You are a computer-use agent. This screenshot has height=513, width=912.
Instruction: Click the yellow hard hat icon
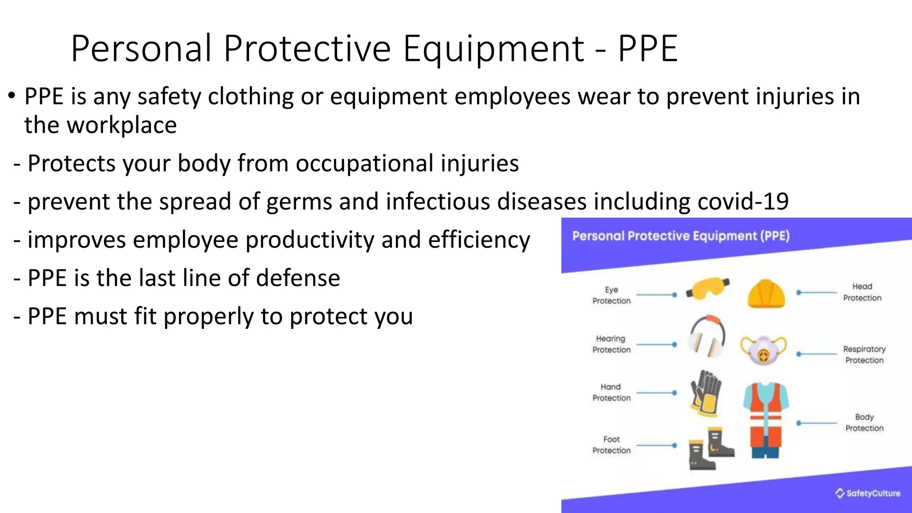pos(766,294)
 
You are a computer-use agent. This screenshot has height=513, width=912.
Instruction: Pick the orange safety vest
pos(766,419)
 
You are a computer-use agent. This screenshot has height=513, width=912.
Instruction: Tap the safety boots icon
pos(711,449)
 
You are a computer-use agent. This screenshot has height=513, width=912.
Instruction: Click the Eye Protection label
pos(611,295)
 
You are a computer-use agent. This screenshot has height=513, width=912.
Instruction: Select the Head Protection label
pos(862,292)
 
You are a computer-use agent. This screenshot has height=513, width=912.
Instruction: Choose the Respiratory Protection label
pos(864,354)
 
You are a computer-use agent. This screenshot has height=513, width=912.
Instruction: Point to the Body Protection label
pos(864,423)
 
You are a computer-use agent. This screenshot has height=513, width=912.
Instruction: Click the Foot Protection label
pos(611,445)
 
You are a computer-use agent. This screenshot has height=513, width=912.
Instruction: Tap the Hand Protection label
pos(611,392)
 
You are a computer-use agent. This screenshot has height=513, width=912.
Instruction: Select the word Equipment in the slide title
pos(493,49)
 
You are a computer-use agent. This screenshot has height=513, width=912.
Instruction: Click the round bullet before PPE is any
pos(12,96)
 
